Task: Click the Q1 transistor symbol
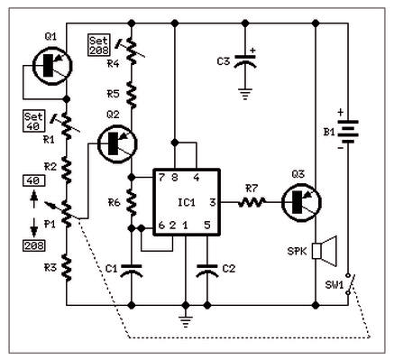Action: (x=52, y=66)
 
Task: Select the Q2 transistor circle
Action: (x=117, y=143)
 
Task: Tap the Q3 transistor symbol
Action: (x=301, y=202)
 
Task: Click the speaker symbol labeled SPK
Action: (x=325, y=251)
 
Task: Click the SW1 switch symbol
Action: (x=351, y=283)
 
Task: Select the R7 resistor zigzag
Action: (x=252, y=202)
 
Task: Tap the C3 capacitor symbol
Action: (x=245, y=61)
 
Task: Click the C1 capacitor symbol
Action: (x=132, y=271)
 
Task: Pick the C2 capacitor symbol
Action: (x=206, y=271)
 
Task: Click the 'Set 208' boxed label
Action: (x=99, y=45)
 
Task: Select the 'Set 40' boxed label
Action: (x=34, y=121)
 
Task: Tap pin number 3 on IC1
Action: (x=213, y=202)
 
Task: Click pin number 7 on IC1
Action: (x=161, y=178)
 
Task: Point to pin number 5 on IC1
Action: (x=207, y=225)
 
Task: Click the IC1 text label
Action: (x=187, y=202)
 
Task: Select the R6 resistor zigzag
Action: (x=132, y=202)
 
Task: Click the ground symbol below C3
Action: (x=245, y=94)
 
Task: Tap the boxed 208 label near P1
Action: (x=34, y=245)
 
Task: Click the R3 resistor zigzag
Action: (x=67, y=267)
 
